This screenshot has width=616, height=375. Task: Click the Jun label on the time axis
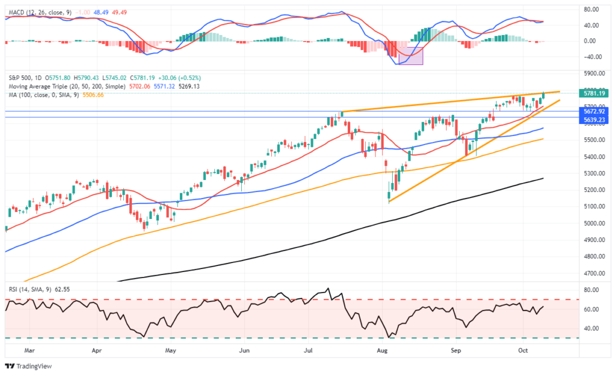tap(244, 349)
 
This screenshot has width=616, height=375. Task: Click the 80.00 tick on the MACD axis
tap(592, 10)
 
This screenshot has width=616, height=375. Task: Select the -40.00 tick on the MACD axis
tap(592, 57)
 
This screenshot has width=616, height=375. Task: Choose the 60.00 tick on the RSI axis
tap(592, 309)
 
